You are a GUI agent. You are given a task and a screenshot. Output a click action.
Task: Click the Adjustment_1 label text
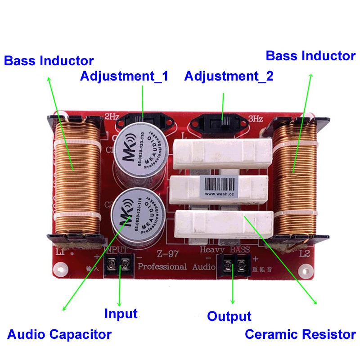124,76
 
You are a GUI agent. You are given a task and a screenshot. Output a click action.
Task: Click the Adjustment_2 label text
229,76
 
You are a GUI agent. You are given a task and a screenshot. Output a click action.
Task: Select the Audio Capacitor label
59,334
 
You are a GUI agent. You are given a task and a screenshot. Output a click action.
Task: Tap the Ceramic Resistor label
300,334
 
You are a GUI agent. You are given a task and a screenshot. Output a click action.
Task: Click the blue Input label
121,314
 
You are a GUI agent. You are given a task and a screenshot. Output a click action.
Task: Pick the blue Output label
229,316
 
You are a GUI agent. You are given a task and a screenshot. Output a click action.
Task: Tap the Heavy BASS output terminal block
233,265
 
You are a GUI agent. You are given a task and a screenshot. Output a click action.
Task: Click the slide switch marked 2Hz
143,121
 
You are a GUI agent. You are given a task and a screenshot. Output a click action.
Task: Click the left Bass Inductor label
49,61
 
